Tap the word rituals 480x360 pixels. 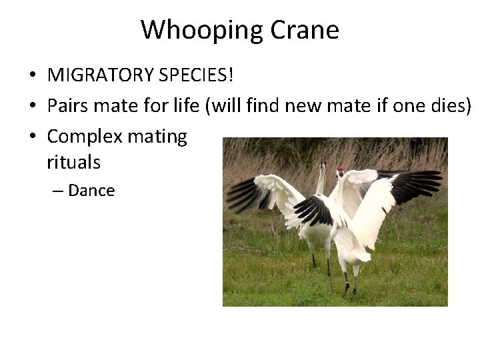click(73, 161)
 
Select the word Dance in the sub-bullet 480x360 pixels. click(91, 191)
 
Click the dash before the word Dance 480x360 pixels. click(58, 191)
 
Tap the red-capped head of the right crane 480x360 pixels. click(341, 171)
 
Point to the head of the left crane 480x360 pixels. click(323, 164)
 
